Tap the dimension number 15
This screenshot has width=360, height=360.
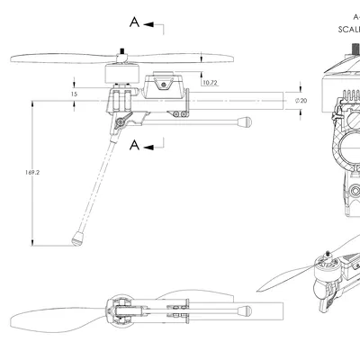point(74,93)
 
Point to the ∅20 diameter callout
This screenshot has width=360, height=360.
point(301,100)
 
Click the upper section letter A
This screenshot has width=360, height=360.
point(134,22)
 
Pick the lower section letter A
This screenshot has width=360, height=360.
point(134,144)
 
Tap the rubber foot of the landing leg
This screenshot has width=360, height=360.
point(78,238)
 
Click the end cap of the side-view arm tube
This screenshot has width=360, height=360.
point(243,122)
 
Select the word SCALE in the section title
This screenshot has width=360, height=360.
point(346,28)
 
